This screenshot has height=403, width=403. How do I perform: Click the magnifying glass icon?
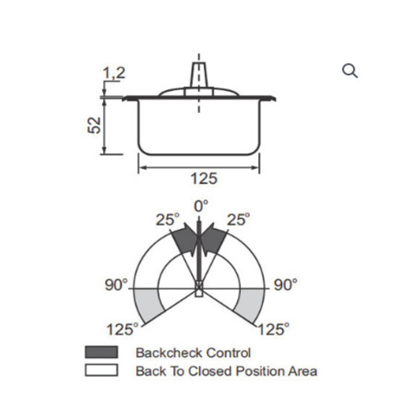point(350,71)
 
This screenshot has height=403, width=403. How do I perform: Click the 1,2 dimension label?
point(114,73)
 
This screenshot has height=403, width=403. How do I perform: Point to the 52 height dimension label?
point(94,125)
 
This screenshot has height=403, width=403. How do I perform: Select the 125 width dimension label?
point(204,178)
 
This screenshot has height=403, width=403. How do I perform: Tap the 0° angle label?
point(201,206)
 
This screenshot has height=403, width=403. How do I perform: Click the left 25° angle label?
point(168,219)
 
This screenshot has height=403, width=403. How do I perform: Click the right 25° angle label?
point(239,219)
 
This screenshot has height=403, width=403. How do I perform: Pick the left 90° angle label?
point(116,285)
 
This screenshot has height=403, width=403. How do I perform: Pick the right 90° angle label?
point(285,285)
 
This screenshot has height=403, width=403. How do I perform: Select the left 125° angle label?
point(123,329)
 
